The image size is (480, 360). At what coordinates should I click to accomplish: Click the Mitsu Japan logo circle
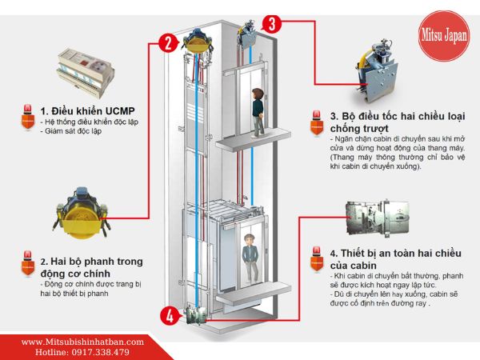pyautogui.click(x=444, y=37)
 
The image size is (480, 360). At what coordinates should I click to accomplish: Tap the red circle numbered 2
pyautogui.click(x=167, y=42)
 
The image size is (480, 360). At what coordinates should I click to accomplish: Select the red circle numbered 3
pyautogui.click(x=272, y=23)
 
